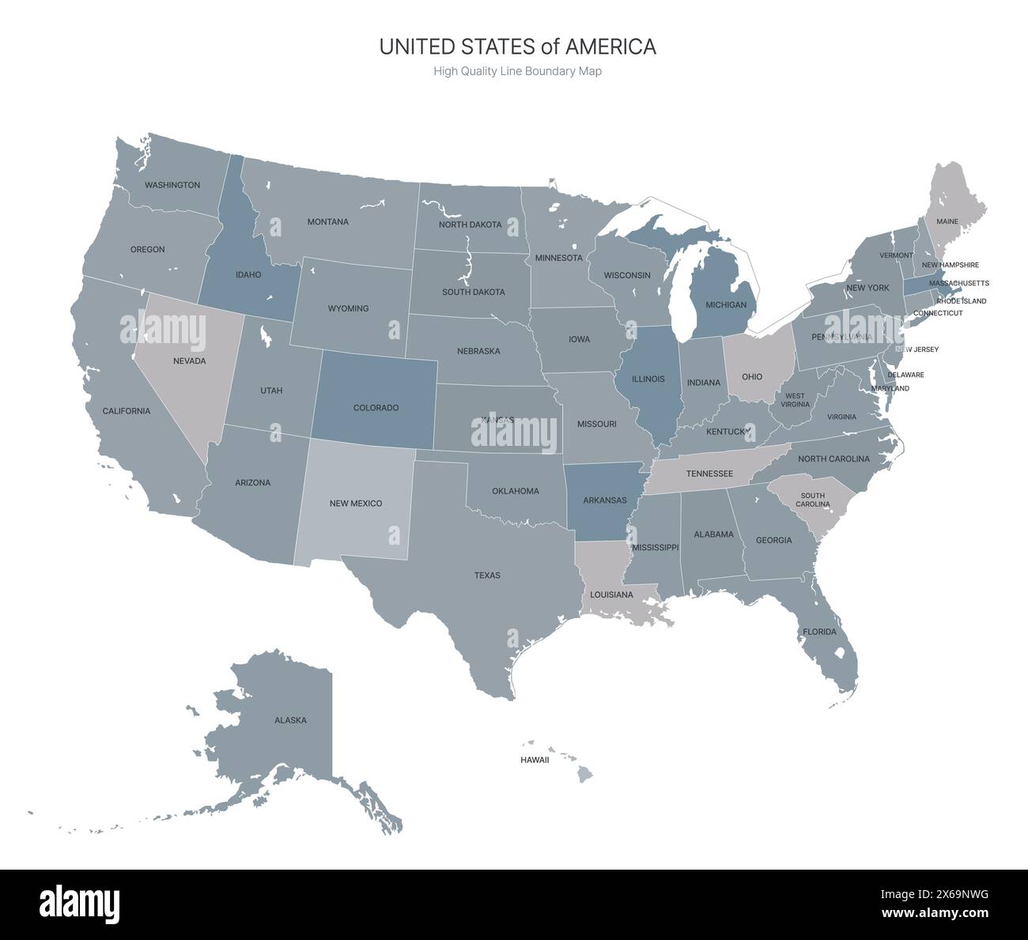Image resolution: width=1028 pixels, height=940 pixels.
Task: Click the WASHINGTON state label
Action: pyautogui.click(x=172, y=185)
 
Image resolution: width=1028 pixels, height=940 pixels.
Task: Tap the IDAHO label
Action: pyautogui.click(x=248, y=275)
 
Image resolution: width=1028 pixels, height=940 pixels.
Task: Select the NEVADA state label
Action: pyautogui.click(x=189, y=361)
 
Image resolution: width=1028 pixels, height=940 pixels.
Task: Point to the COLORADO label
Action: pyautogui.click(x=376, y=408)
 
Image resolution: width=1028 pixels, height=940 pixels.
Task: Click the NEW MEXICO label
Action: pyautogui.click(x=356, y=504)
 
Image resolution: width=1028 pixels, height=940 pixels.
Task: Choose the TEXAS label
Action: pyautogui.click(x=487, y=576)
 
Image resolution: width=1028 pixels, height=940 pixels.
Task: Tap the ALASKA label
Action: pyautogui.click(x=290, y=720)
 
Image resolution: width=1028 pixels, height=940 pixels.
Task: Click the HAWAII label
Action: pyautogui.click(x=535, y=760)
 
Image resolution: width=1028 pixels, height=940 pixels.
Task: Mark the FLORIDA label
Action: pyautogui.click(x=819, y=632)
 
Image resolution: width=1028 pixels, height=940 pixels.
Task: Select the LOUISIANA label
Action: pyautogui.click(x=611, y=595)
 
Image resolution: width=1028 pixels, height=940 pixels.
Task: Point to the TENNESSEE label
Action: pyautogui.click(x=709, y=474)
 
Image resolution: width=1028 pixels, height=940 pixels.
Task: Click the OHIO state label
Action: pyautogui.click(x=752, y=377)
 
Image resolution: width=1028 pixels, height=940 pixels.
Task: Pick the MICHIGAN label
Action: pyautogui.click(x=726, y=305)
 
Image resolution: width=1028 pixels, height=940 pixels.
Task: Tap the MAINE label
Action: pyautogui.click(x=947, y=222)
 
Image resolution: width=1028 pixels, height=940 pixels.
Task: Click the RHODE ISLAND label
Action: pyautogui.click(x=962, y=301)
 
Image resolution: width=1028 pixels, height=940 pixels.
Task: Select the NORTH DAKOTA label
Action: pyautogui.click(x=470, y=225)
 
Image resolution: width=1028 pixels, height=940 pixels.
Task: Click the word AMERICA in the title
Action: pyautogui.click(x=610, y=47)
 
